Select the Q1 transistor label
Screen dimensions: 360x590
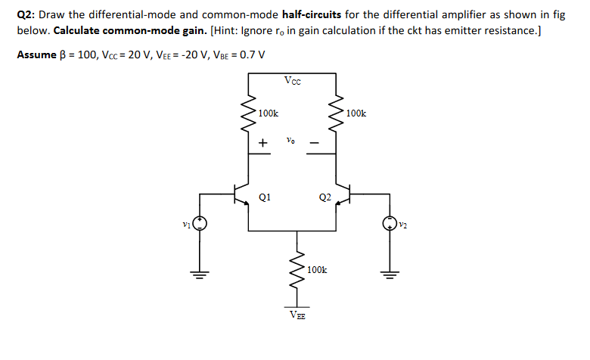[264, 197]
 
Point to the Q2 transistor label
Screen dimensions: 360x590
[324, 198]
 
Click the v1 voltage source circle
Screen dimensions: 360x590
[200, 224]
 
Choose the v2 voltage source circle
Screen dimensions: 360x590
[390, 224]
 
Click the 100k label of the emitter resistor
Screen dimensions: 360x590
[317, 269]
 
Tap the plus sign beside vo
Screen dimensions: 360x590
[262, 142]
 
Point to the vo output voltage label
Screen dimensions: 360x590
[291, 140]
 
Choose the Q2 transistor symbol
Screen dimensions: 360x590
[344, 195]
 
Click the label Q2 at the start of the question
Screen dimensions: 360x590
[26, 15]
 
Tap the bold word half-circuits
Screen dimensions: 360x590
[311, 15]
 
